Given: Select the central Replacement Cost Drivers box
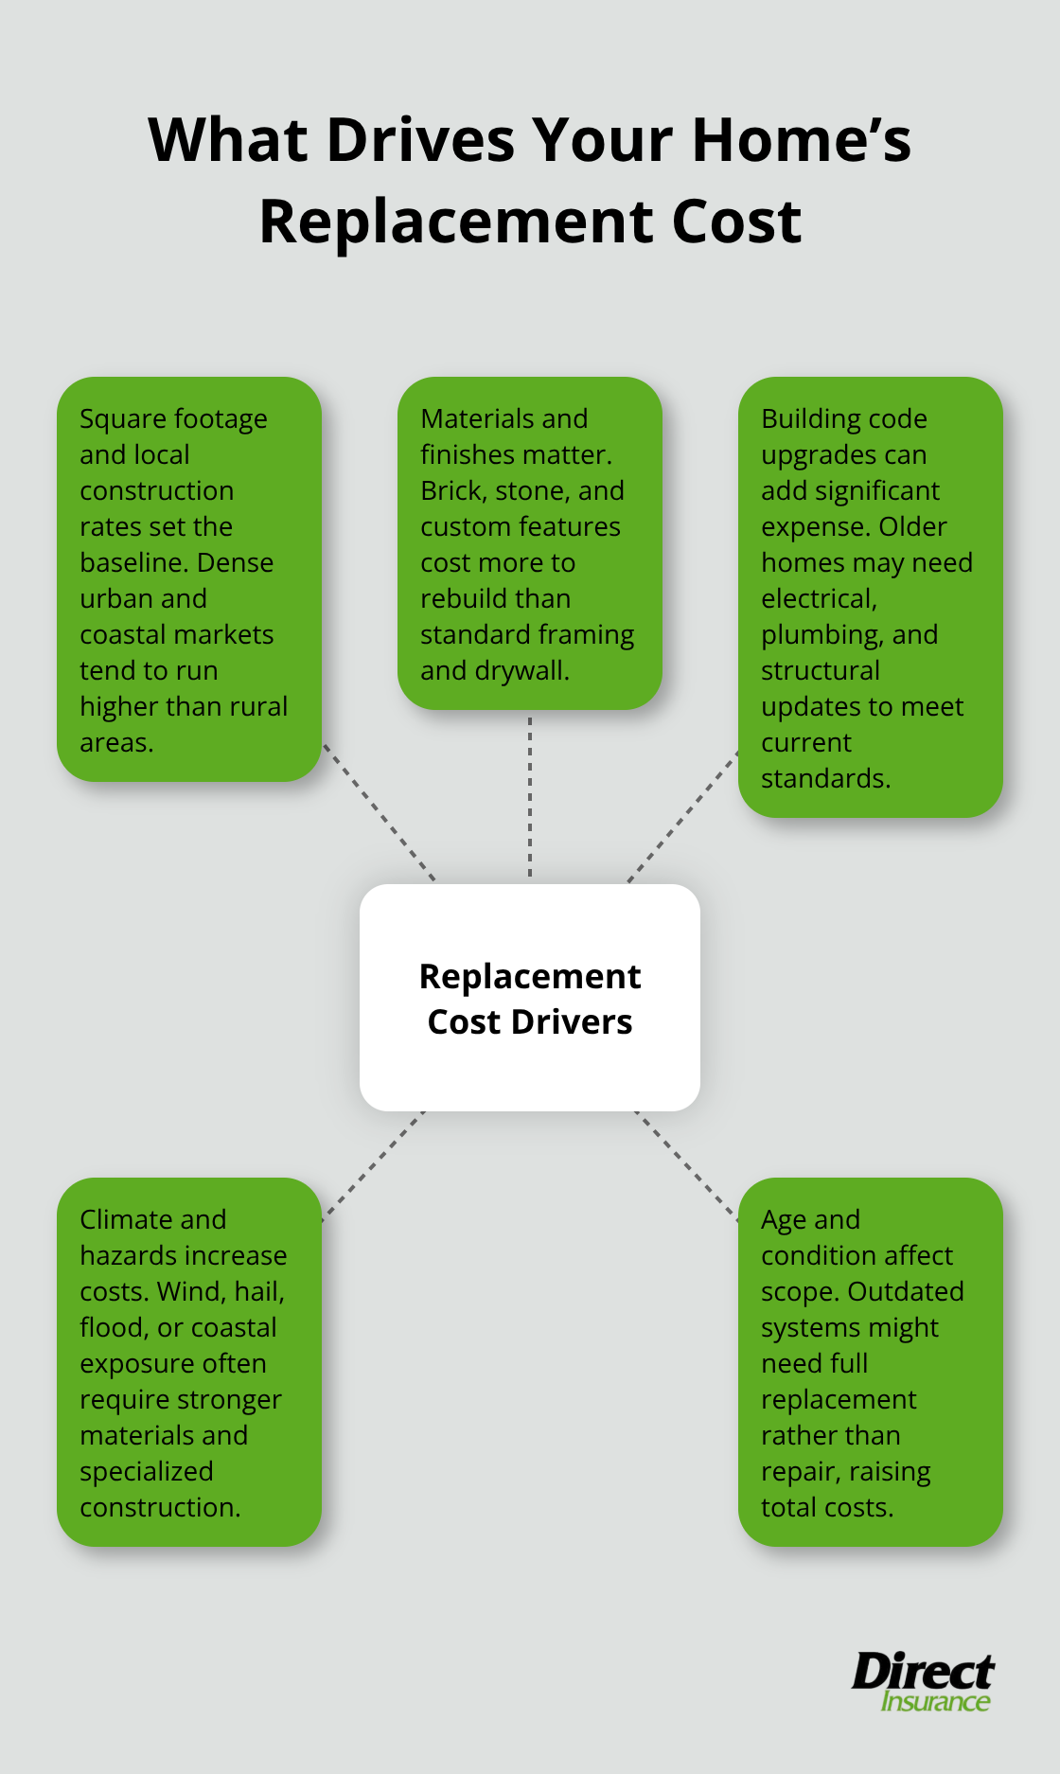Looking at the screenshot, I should pos(530,998).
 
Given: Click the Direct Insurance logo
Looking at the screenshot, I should pos(923,1681).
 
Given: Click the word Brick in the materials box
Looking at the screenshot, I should pos(451,491).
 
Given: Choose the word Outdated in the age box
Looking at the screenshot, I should pos(906,1291).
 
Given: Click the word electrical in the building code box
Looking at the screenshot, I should pos(819,599).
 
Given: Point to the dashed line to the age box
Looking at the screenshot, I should pos(686,1165).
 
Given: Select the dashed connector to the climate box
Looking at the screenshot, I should pos(373,1165).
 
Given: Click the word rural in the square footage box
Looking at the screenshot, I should pos(257,707).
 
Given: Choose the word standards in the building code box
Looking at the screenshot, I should pos(824,779).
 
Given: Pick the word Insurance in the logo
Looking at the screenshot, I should pos(935,1702).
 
